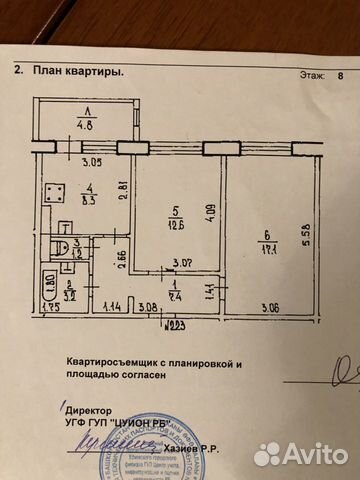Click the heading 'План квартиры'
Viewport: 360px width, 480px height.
click(79, 71)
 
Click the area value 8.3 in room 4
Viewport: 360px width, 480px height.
click(88, 200)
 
